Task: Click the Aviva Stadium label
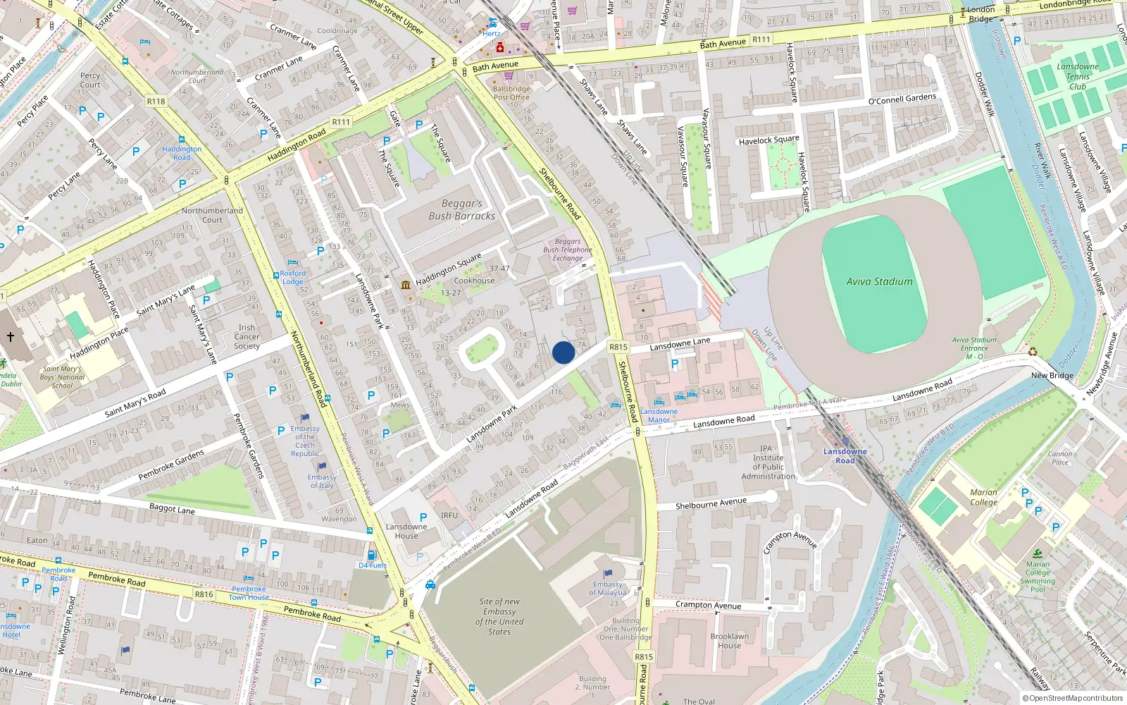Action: point(879,281)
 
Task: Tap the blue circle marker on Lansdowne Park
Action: point(563,352)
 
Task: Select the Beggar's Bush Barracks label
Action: point(461,209)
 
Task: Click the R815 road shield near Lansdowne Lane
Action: point(618,347)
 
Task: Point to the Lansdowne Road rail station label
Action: point(845,455)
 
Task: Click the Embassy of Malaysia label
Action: point(607,588)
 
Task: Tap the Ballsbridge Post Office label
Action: point(511,93)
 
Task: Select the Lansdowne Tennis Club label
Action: point(1077,76)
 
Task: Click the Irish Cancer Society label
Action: point(247,336)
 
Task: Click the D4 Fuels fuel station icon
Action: point(372,555)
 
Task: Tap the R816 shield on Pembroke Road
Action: point(204,594)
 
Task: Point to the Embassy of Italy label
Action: point(322,481)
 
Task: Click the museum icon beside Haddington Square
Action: point(406,285)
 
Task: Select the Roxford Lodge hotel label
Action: point(292,277)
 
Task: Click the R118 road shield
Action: point(156,102)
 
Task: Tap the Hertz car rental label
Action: point(492,33)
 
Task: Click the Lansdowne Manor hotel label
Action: point(659,415)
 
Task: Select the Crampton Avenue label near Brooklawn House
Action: point(708,605)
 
